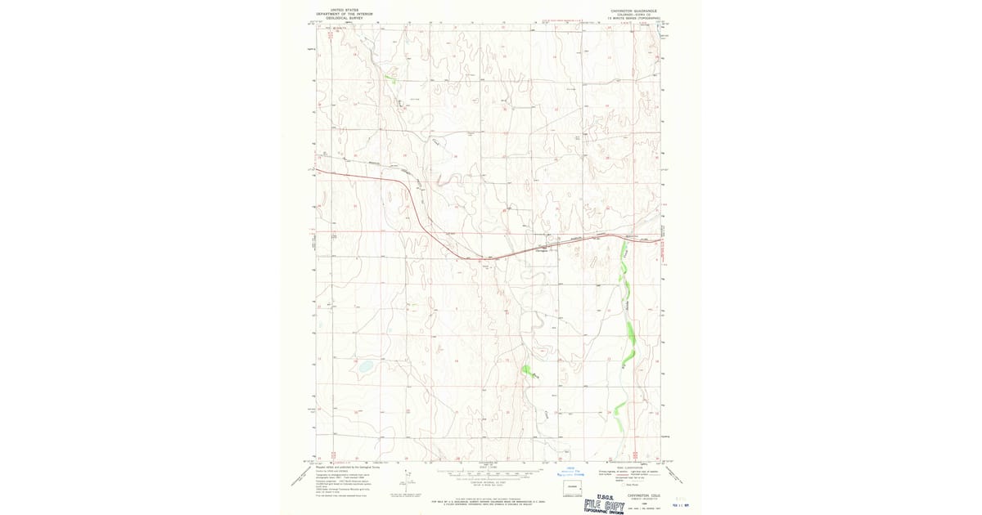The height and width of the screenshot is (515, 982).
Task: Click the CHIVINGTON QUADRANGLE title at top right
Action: tap(633, 11)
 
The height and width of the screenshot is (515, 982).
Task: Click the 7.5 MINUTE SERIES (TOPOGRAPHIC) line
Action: tap(634, 18)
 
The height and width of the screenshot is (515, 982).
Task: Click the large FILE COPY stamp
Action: tap(605, 506)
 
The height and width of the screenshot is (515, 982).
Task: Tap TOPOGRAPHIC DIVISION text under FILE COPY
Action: tap(605, 513)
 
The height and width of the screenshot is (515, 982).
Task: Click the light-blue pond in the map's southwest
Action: tap(366, 366)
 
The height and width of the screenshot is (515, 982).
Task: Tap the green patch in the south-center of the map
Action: tap(529, 372)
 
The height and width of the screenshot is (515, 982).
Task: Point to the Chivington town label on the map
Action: tap(541, 250)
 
